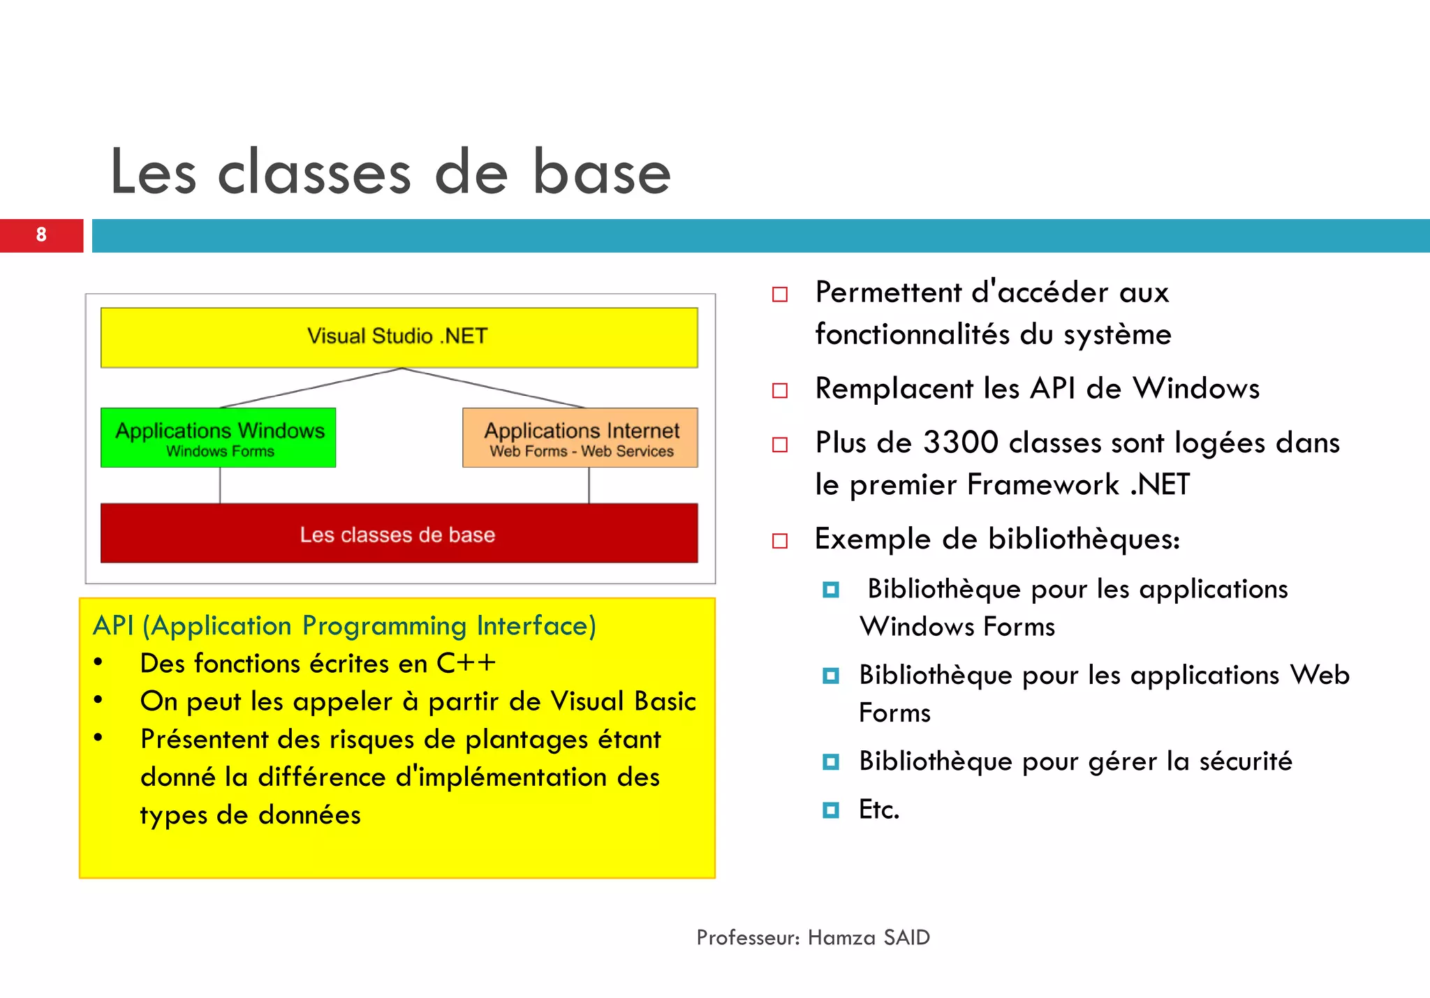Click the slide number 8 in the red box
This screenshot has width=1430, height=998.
tap(41, 235)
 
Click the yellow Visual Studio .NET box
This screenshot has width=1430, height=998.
tap(399, 337)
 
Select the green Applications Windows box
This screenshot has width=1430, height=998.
tap(219, 437)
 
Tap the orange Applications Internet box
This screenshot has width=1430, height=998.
tap(580, 437)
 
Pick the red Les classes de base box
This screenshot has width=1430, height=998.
tap(399, 534)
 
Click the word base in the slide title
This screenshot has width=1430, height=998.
tap(601, 173)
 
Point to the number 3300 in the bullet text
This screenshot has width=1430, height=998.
tap(960, 442)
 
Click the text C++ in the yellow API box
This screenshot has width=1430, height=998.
tap(466, 663)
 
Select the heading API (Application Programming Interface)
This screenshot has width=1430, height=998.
tap(345, 625)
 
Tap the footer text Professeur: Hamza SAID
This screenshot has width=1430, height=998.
tap(813, 937)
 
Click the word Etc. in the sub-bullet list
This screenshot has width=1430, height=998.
tap(878, 810)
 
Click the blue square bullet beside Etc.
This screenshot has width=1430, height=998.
tap(830, 810)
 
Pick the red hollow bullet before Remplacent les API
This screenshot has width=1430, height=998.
tap(780, 390)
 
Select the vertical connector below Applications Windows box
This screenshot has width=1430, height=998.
tap(220, 485)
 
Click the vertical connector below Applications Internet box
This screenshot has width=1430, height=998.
tap(589, 485)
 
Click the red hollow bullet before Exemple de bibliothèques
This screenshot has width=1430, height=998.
tap(780, 541)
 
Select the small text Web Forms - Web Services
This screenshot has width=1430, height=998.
tap(581, 452)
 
